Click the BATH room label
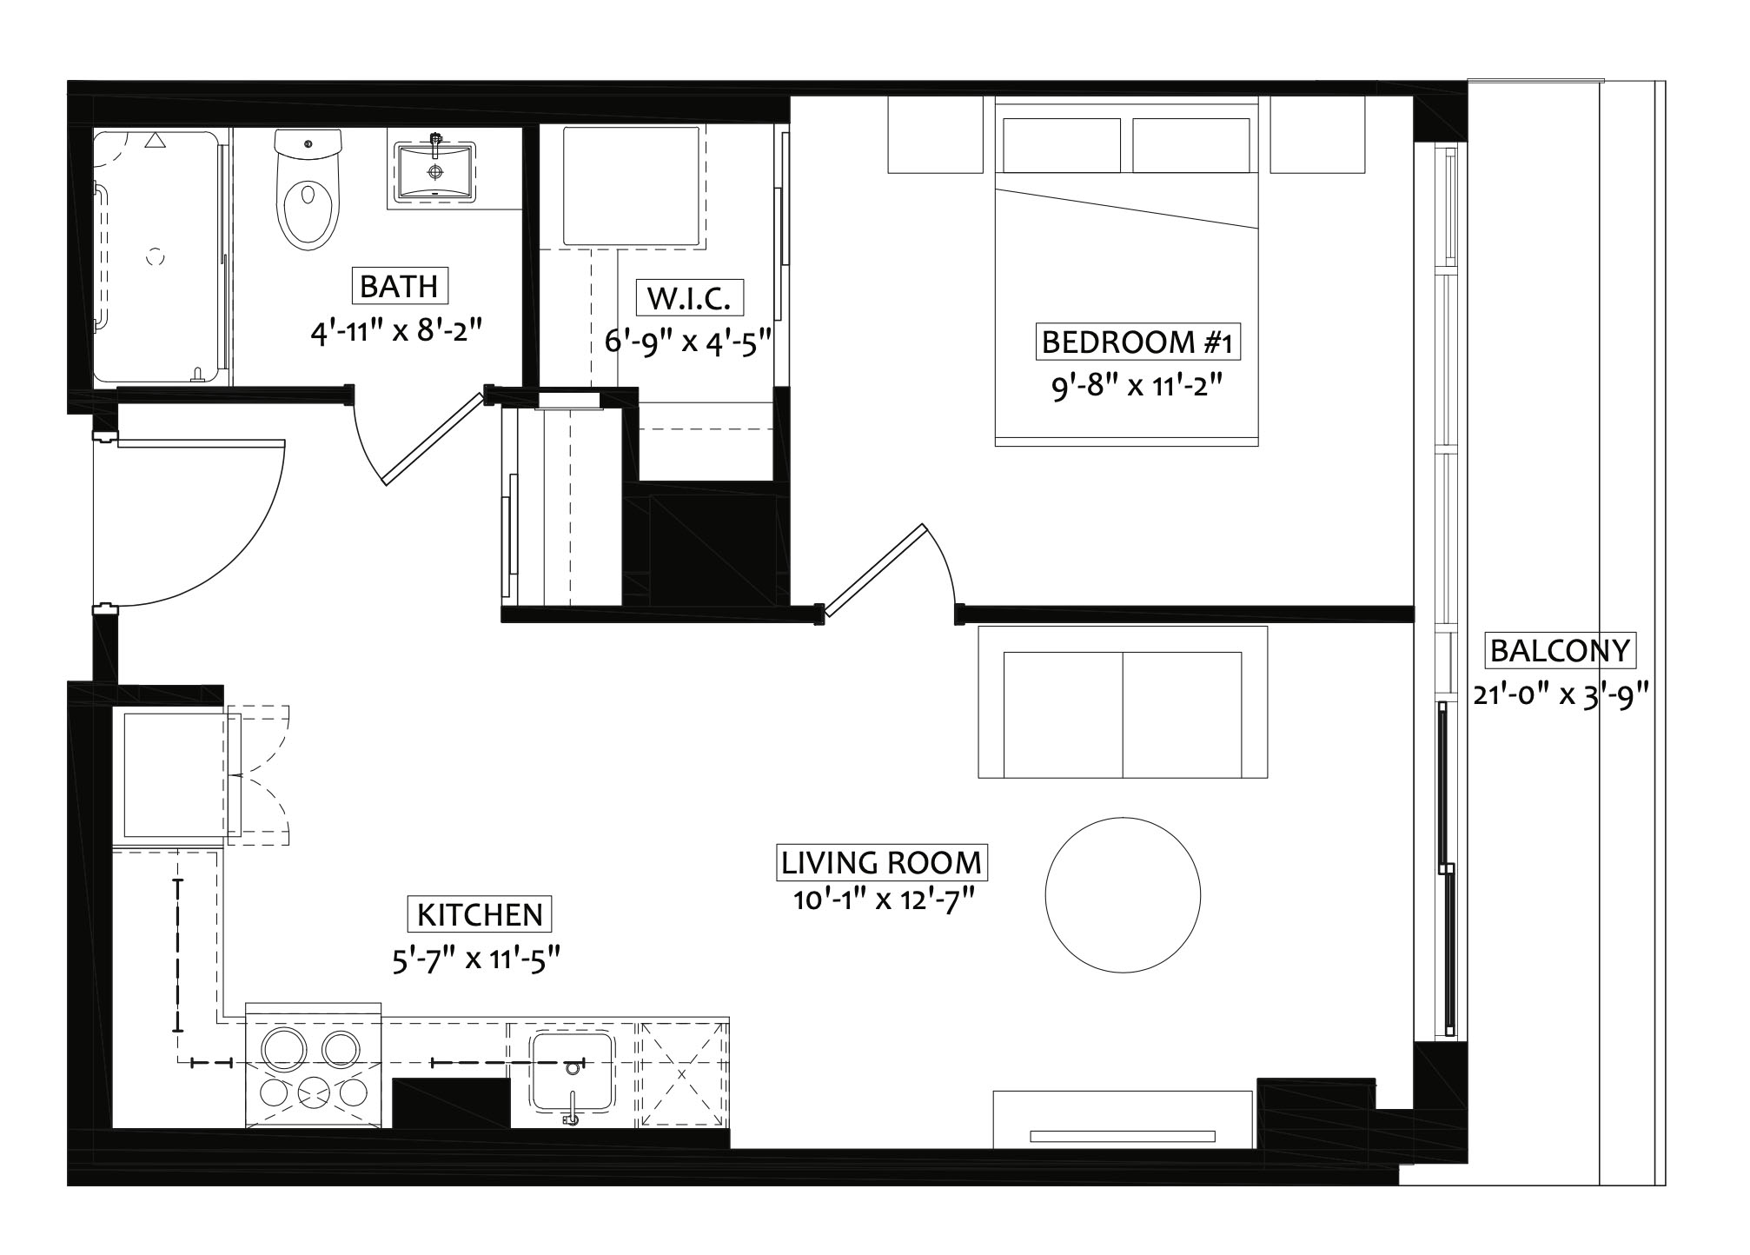coord(399,286)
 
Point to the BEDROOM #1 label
coord(1137,342)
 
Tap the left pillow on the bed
coord(1061,145)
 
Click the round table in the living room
coord(1123,894)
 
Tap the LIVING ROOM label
coord(881,863)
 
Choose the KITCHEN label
coord(480,914)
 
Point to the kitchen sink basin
coord(573,1072)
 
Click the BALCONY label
coord(1560,650)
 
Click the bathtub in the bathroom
coord(158,256)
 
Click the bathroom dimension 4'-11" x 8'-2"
coord(395,331)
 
